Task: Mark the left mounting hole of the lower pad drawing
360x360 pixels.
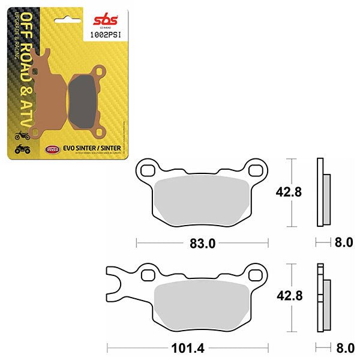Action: click(148, 275)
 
